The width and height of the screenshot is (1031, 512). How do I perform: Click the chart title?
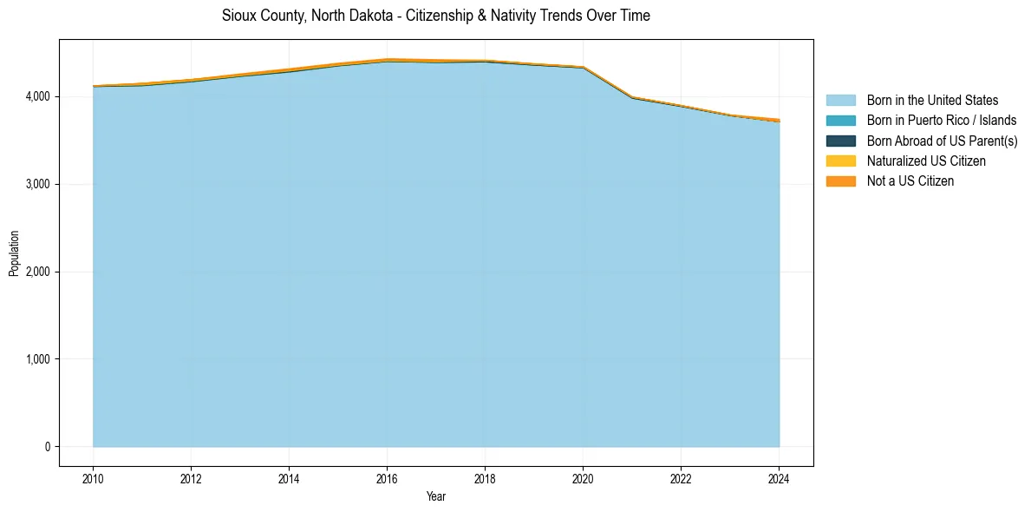[435, 16]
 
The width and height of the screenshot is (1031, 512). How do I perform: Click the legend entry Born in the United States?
[932, 101]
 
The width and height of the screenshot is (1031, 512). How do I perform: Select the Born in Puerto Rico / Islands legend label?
[942, 121]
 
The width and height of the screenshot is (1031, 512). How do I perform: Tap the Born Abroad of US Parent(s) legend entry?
[942, 141]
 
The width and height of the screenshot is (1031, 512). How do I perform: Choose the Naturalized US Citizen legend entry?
[926, 161]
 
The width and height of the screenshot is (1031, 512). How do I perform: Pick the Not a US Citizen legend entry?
[910, 181]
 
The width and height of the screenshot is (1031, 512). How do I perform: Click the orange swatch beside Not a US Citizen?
[840, 181]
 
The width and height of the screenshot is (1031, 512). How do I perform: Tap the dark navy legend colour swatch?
[840, 141]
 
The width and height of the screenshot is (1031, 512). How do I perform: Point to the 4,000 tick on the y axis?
[38, 96]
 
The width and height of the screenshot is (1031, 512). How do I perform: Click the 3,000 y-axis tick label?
[38, 184]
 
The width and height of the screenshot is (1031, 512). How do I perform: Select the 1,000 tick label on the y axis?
[38, 359]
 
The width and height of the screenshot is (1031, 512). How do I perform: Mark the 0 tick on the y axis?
[47, 447]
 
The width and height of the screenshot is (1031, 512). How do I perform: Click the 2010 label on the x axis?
[93, 477]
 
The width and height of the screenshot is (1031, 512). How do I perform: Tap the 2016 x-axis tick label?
[387, 477]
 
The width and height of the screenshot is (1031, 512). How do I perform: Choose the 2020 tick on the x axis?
[583, 477]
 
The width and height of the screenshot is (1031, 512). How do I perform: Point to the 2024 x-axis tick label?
[779, 477]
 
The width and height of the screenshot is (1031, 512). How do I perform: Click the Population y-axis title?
[14, 253]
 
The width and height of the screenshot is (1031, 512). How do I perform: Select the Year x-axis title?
[436, 496]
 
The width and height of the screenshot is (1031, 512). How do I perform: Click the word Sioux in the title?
[237, 16]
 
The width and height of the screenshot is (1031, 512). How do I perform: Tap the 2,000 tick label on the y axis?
[38, 272]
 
